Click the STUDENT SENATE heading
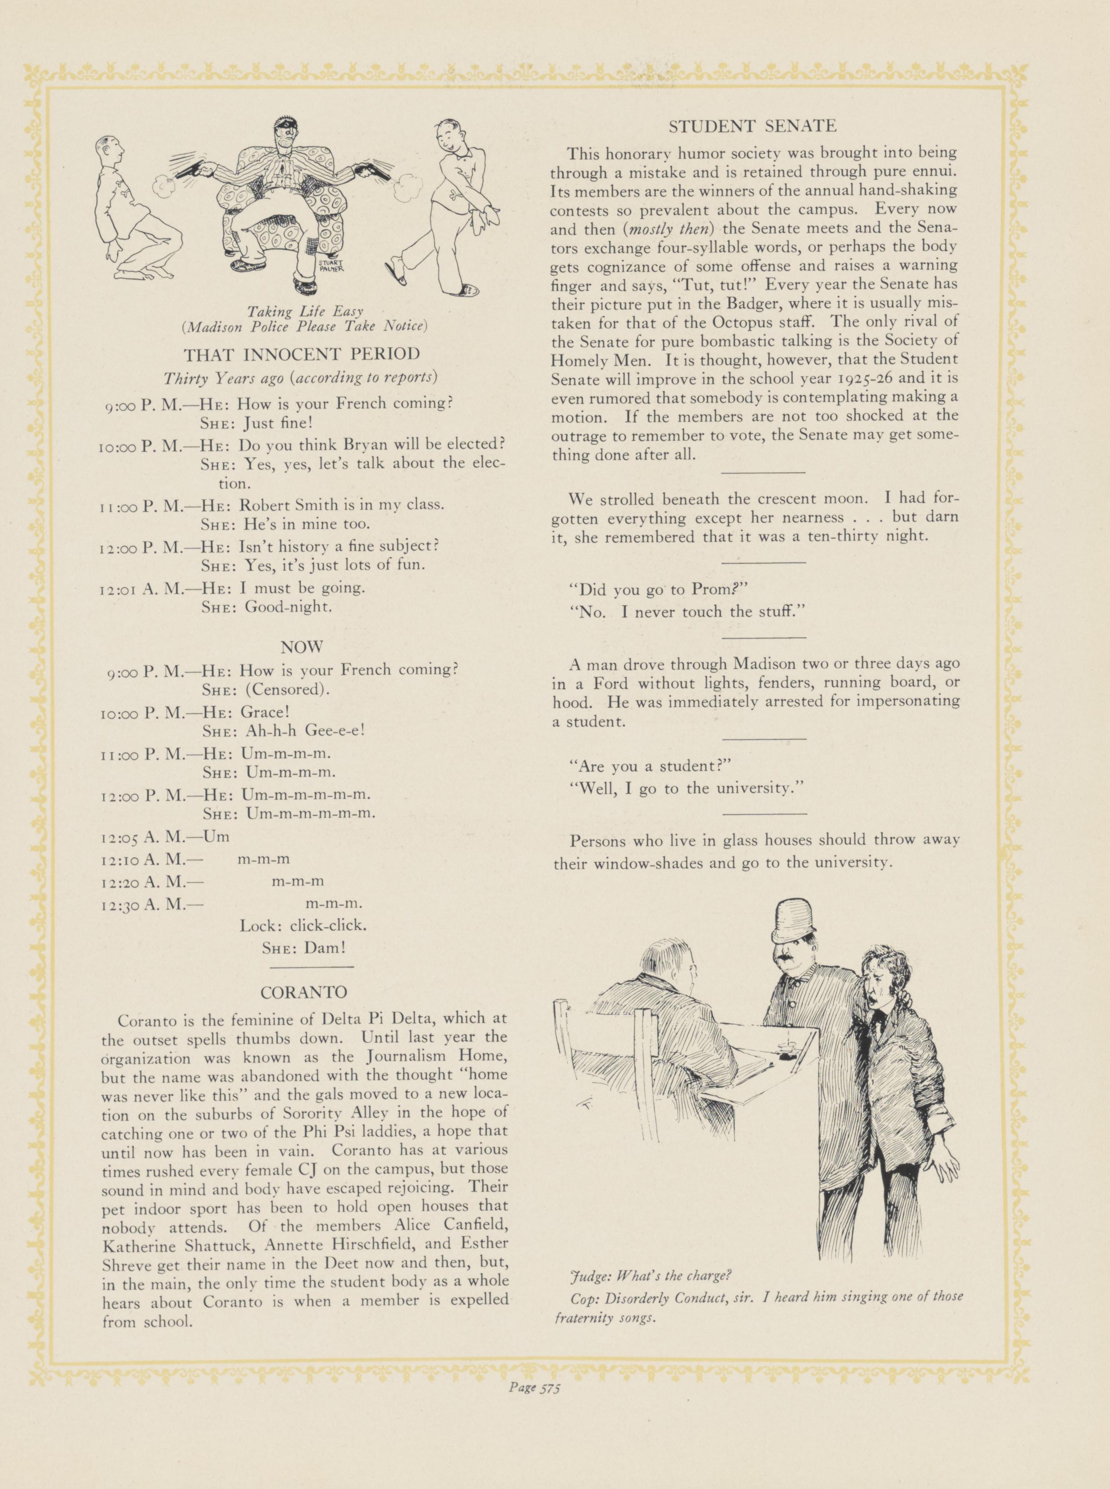click(x=752, y=126)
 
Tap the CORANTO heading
click(x=304, y=992)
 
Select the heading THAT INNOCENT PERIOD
click(x=303, y=354)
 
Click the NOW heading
click(x=302, y=647)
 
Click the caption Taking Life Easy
click(x=305, y=311)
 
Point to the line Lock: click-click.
click(x=304, y=925)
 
